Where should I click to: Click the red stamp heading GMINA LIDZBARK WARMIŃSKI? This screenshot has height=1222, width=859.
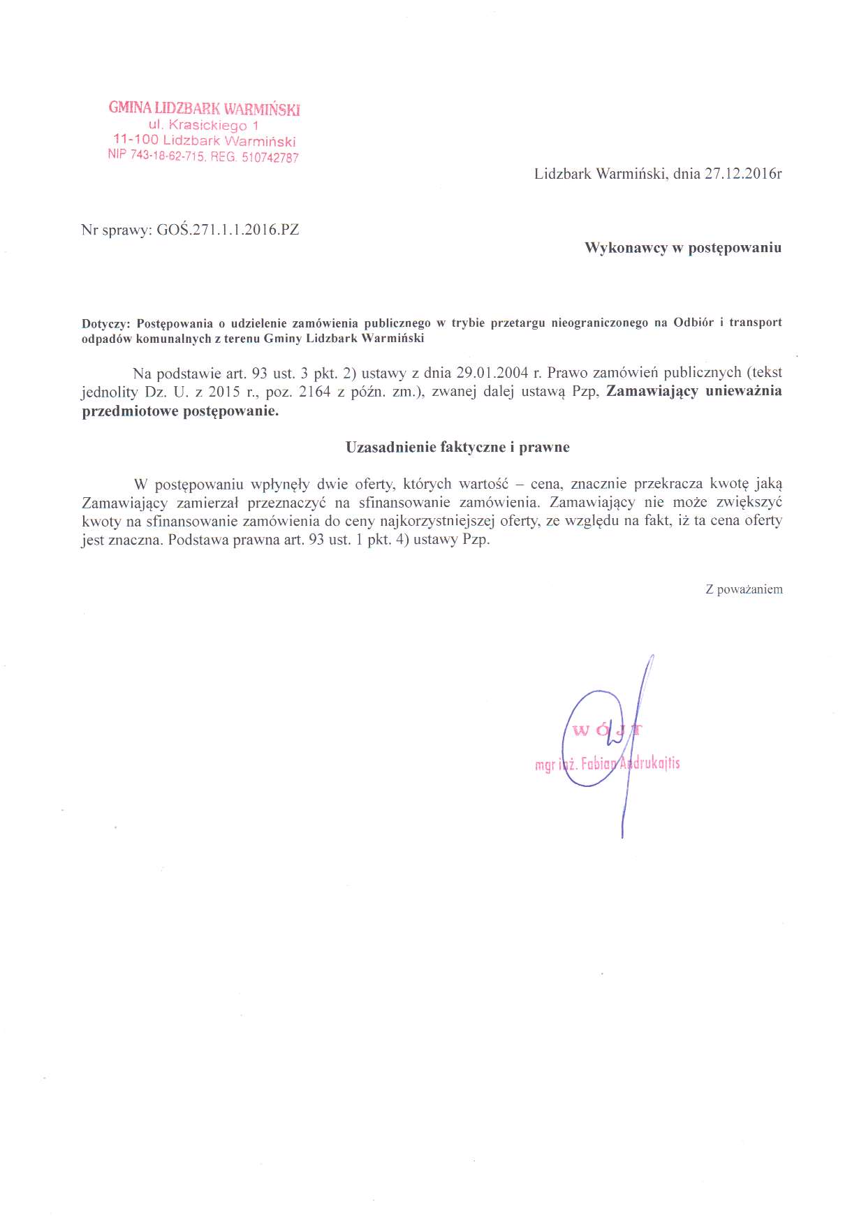point(204,108)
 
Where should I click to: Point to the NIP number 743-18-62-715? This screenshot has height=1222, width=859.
point(167,155)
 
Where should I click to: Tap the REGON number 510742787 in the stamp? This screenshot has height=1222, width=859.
point(270,158)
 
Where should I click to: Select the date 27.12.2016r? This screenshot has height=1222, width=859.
point(743,174)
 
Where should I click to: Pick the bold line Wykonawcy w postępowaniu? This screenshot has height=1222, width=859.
point(682,248)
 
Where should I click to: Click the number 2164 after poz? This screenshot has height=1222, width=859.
point(314,391)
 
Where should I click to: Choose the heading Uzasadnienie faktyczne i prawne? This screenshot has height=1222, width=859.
point(457,447)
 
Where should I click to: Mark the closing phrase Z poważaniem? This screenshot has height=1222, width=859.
point(744,589)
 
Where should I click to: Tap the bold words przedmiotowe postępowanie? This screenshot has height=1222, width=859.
point(180,411)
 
